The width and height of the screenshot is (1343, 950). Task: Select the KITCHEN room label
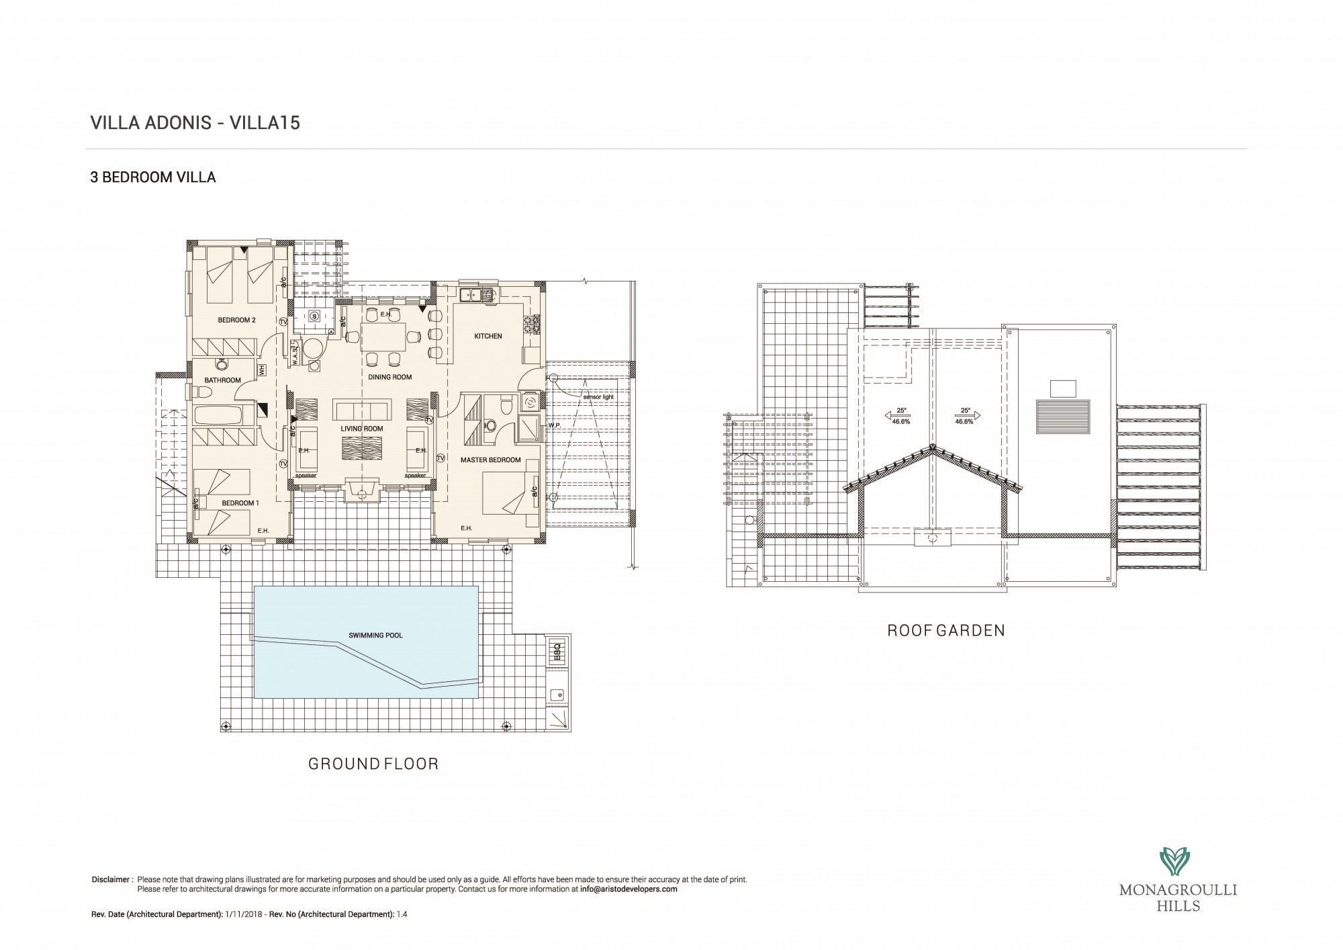point(488,336)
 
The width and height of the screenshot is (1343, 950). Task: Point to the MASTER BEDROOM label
point(490,460)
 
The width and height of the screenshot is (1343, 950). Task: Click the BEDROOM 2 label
point(236,320)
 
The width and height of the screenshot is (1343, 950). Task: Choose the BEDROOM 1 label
point(240,503)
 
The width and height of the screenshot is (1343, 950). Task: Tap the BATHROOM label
point(222,380)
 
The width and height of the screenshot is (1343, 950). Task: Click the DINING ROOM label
point(389,378)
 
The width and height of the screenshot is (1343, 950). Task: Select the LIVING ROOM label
point(361,429)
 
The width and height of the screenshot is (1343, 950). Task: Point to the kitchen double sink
point(477,293)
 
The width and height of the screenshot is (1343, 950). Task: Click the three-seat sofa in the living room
point(361,409)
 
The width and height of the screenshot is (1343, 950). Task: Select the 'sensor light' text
point(598,397)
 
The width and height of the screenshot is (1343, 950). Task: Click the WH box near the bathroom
point(262,370)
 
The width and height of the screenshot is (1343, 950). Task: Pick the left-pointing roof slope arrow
point(894,416)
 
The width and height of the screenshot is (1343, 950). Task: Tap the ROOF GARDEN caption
point(946,631)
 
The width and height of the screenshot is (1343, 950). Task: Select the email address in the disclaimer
point(629,889)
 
